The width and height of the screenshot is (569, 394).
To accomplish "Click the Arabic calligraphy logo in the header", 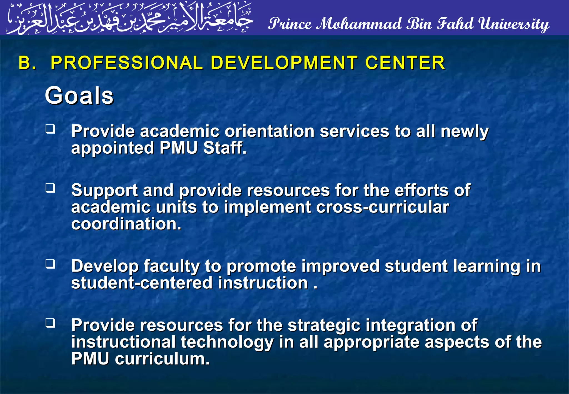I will click(x=129, y=18).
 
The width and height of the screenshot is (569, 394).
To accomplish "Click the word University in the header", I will click(x=514, y=24).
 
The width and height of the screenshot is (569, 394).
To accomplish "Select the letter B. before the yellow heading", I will click(x=27, y=63).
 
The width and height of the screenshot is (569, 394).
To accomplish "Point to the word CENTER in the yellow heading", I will click(x=405, y=63).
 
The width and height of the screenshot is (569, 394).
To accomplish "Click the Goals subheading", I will click(x=79, y=96).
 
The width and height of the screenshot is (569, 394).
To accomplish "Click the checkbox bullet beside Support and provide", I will click(x=51, y=188).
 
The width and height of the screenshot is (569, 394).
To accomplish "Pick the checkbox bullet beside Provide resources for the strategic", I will click(x=51, y=323).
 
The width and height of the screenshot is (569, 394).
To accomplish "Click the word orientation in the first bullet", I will click(x=269, y=131).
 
